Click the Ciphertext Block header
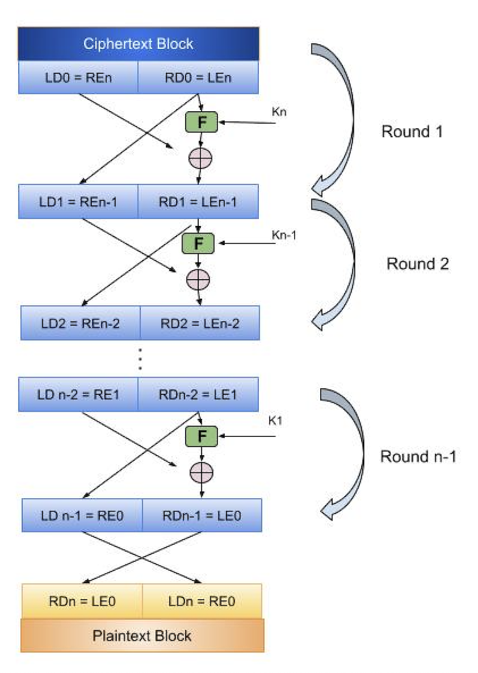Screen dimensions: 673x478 139,44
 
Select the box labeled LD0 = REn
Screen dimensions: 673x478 78,77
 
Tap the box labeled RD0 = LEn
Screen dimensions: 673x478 199,77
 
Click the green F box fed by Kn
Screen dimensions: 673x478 200,122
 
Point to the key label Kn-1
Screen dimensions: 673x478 285,235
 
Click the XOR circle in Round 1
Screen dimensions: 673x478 200,158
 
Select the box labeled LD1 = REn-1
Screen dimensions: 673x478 78,201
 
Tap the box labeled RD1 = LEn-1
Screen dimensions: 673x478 199,201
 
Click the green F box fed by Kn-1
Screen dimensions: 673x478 199,243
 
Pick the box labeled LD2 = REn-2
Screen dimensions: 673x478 81,323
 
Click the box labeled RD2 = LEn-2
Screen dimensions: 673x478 200,323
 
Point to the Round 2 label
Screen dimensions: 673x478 417,264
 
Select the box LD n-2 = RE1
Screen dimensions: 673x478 78,393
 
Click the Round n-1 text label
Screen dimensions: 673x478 418,457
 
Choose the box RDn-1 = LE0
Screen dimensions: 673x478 201,515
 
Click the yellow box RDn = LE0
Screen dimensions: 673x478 82,601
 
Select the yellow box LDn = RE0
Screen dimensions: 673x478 202,601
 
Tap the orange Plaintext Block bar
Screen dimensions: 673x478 142,636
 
